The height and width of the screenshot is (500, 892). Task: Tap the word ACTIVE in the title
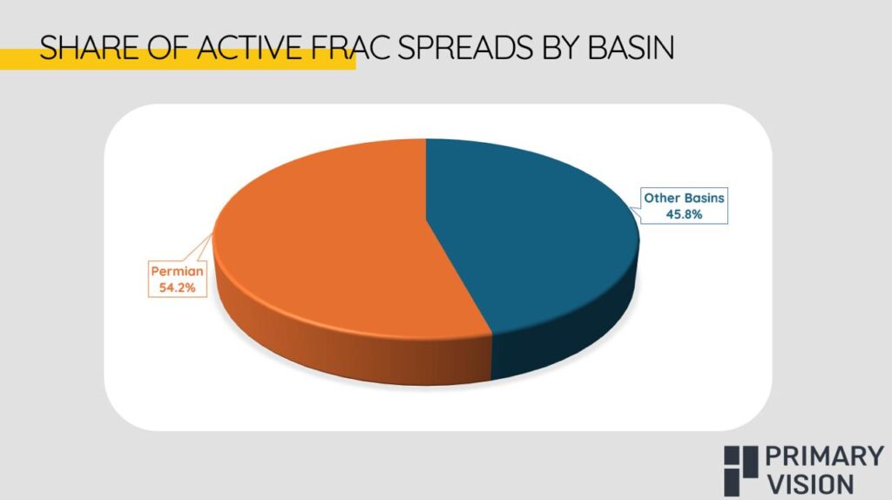pos(249,47)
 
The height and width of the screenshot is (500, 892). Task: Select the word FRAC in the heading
pos(351,47)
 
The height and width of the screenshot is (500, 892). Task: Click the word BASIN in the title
pos(631,47)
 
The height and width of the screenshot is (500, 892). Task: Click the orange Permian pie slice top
pos(335,239)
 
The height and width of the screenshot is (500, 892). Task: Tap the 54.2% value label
pos(177,287)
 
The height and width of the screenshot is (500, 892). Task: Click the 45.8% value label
pos(684,214)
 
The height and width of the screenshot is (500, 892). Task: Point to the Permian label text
pos(177,271)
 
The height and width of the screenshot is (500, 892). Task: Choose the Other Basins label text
pos(684,198)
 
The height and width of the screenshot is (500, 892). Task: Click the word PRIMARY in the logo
pos(824,456)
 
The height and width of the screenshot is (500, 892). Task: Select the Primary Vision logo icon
pos(740,470)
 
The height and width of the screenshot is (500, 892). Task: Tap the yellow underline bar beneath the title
pos(178,60)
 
